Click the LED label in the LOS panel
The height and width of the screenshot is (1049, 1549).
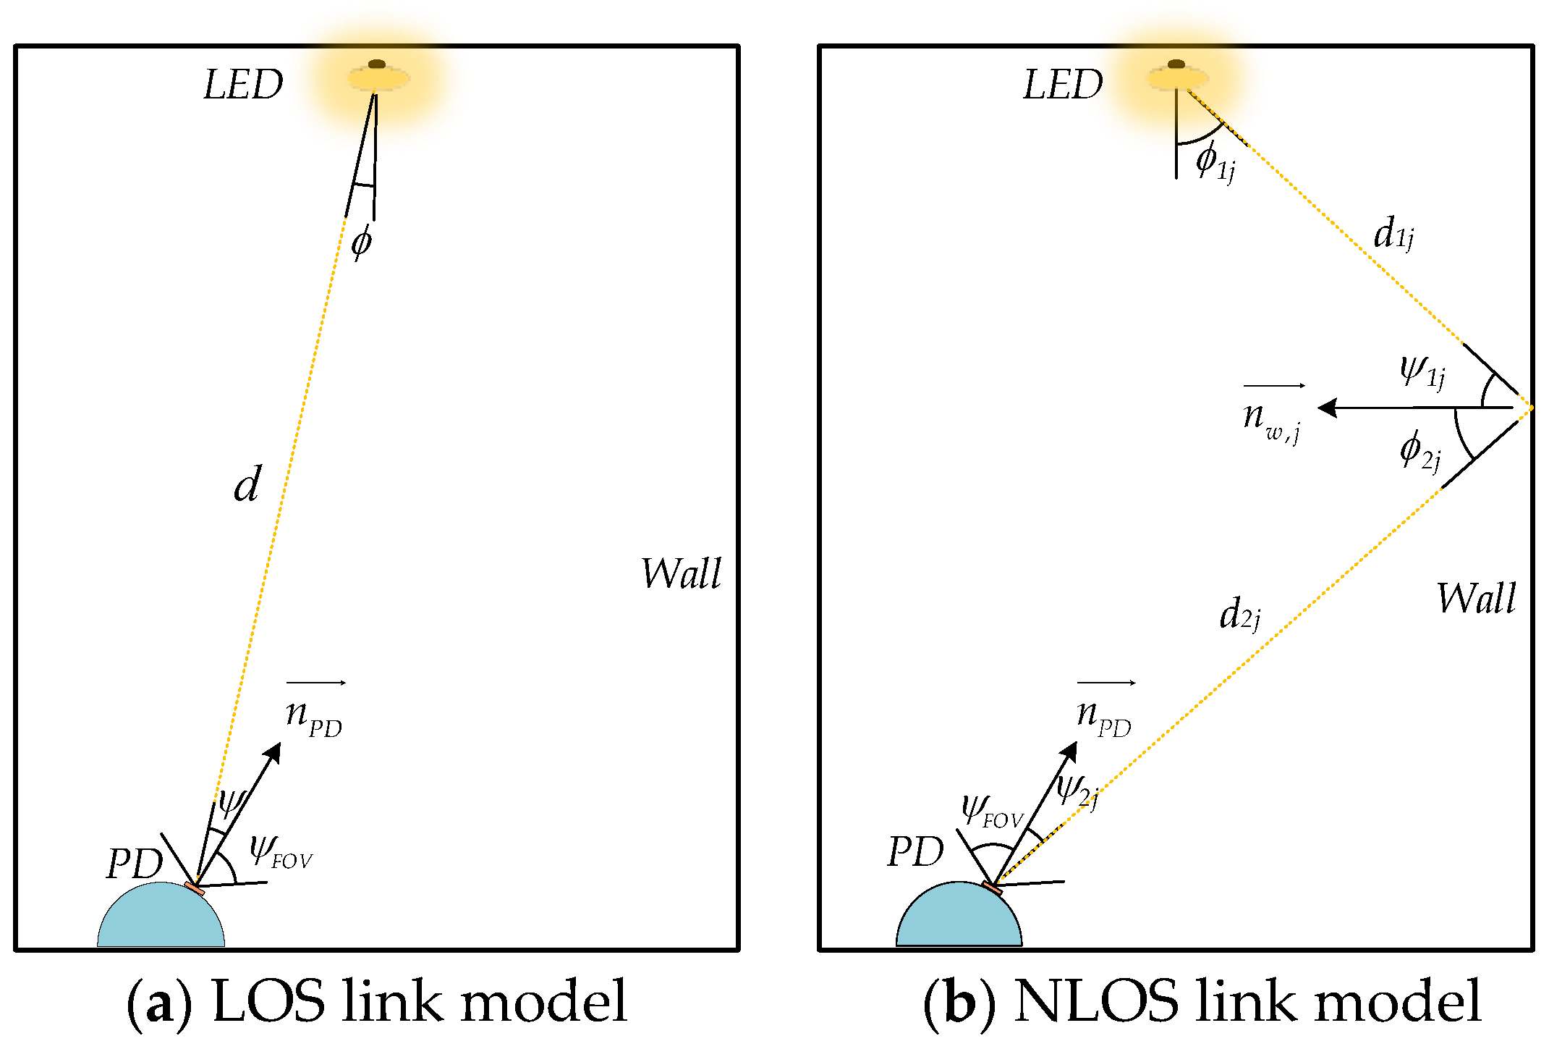tap(243, 85)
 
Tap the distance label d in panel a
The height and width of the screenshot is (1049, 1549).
tap(247, 484)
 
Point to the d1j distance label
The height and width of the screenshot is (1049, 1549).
tap(1393, 234)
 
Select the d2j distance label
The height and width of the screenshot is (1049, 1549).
tap(1239, 615)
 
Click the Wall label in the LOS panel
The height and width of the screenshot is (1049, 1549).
tap(681, 574)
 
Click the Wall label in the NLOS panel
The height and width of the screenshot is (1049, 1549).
tap(1476, 599)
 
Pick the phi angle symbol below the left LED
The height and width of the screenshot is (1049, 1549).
tap(361, 242)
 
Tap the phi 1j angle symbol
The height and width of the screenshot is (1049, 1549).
tap(1215, 161)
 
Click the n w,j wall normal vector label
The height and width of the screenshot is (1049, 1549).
tap(1272, 420)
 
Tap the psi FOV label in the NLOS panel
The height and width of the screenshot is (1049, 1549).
tap(991, 811)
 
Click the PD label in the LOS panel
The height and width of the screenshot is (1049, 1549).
tap(135, 864)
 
